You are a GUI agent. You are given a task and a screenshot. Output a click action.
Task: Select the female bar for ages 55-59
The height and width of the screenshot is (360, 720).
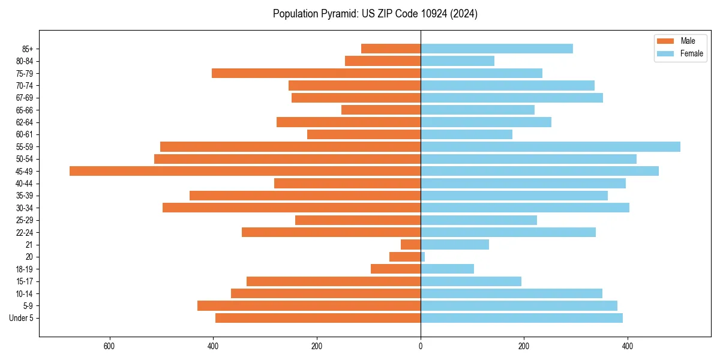550,146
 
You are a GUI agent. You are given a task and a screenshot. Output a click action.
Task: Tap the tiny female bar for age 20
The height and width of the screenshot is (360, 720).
423,257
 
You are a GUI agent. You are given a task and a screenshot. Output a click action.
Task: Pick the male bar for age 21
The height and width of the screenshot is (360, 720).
410,244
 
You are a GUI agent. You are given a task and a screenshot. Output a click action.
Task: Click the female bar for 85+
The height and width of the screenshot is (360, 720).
496,49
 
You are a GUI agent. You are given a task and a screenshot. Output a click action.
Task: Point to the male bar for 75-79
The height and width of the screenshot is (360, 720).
316,73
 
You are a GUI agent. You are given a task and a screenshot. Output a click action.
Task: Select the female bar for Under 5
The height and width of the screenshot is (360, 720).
521,318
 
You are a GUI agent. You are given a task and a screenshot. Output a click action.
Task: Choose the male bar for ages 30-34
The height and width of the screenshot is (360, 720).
292,208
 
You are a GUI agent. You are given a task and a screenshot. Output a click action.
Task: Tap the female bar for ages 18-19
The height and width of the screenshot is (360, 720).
447,269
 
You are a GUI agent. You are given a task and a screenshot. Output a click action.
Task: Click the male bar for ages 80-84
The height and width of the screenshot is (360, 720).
383,61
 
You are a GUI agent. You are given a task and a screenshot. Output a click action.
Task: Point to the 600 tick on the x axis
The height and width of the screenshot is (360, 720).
109,346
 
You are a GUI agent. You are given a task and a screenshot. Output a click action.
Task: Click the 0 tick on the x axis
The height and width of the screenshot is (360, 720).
421,346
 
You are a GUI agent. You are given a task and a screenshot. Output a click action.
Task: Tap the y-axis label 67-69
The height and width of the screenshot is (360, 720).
25,98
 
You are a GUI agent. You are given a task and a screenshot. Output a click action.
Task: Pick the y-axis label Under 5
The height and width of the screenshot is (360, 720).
22,318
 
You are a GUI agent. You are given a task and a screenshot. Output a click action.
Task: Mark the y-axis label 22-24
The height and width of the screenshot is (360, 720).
25,232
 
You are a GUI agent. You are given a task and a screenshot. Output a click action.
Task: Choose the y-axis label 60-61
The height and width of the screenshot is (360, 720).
25,134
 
